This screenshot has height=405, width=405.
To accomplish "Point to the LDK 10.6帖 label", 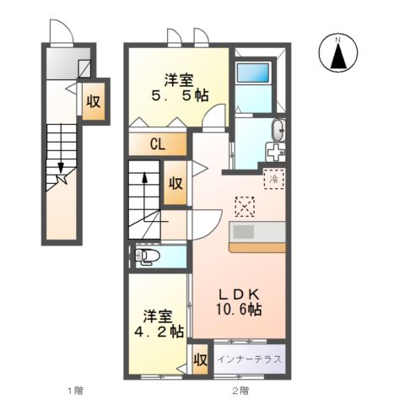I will [240, 301].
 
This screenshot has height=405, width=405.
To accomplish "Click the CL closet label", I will [157, 144].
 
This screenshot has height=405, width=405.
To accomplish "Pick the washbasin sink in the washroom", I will [279, 130].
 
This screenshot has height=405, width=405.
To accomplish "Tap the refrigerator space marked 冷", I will [273, 179].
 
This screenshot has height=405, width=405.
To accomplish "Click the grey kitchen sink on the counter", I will [244, 231].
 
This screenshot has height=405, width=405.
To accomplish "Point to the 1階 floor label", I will [76, 391].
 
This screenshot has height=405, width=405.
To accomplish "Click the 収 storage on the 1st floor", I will [93, 102].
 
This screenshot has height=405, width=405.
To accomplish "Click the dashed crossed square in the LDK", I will [245, 206].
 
